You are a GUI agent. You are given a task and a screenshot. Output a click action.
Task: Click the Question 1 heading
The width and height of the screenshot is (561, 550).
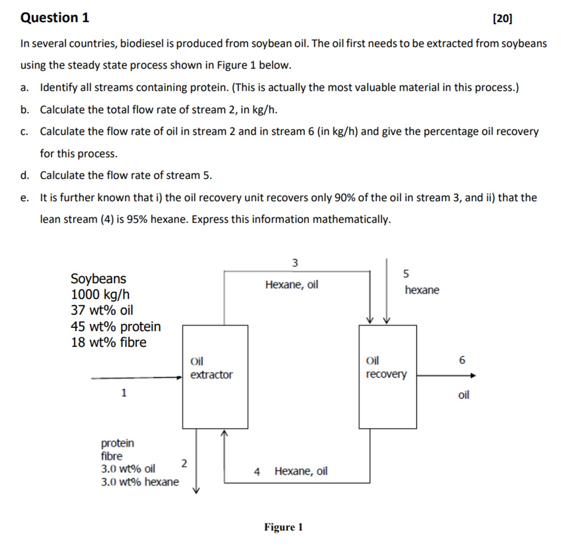tap(55, 18)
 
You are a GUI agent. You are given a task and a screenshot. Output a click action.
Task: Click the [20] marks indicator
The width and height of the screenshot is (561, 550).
tap(502, 18)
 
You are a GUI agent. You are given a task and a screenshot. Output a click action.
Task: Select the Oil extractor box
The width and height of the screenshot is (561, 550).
tap(215, 377)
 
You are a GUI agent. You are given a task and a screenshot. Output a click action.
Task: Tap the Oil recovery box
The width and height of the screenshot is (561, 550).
tap(388, 377)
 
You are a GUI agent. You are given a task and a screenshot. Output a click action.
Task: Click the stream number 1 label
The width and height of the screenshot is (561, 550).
tap(124, 393)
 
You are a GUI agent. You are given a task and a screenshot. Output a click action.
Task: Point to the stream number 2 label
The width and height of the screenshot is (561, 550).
tap(184, 464)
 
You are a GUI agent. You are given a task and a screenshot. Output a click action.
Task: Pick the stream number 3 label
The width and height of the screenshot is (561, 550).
tap(295, 263)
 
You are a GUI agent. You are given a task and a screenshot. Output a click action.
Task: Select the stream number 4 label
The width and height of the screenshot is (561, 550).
tap(257, 472)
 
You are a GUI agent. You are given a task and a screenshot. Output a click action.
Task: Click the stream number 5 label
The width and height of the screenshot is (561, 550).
tap(406, 274)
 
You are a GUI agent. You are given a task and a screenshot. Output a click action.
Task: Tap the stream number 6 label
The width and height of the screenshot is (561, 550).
tap(462, 360)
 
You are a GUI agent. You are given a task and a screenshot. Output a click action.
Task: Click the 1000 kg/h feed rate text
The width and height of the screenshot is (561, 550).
tap(100, 294)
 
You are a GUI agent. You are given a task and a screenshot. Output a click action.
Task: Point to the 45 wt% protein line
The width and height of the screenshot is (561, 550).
tap(115, 326)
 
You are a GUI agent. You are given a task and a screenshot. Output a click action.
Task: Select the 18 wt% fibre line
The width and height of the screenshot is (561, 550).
tap(108, 342)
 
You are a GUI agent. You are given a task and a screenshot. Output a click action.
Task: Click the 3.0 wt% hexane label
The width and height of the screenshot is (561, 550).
tap(139, 482)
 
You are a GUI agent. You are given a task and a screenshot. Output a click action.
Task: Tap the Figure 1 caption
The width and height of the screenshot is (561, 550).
tap(283, 527)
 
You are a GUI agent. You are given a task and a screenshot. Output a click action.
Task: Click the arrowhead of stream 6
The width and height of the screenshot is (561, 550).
tap(473, 376)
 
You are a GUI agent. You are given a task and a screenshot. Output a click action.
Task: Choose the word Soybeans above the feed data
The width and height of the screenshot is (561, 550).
tap(98, 278)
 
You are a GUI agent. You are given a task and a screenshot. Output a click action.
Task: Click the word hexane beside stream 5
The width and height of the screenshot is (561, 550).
tap(422, 290)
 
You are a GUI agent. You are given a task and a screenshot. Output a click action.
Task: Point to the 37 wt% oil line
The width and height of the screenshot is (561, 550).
tap(102, 310)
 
